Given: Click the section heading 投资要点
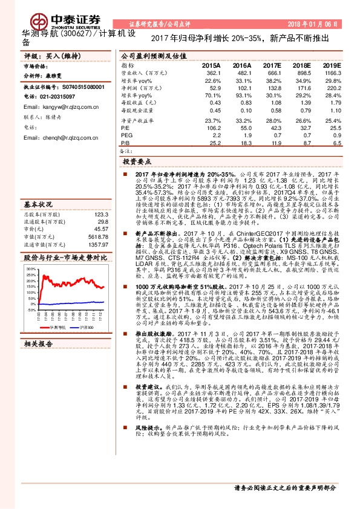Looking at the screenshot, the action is (137, 163).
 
